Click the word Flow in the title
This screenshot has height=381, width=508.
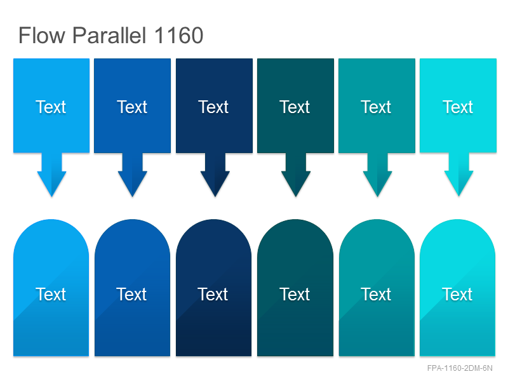(42, 36)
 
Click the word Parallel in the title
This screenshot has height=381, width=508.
(109, 36)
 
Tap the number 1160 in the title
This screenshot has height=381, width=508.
(178, 36)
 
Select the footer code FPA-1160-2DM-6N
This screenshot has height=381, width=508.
(460, 368)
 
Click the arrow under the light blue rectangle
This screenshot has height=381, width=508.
(51, 174)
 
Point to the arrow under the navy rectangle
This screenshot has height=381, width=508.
(215, 174)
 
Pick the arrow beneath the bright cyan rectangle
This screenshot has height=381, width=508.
(458, 174)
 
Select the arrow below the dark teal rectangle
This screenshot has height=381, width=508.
(296, 174)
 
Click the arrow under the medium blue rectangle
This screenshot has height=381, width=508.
(132, 174)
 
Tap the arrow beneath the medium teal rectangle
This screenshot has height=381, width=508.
(377, 174)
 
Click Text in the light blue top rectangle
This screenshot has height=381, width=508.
(51, 107)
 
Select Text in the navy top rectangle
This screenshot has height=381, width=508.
(213, 107)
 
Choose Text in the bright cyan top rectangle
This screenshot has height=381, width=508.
(458, 107)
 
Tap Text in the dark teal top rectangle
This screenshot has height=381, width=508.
(295, 107)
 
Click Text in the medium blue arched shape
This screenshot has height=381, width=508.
(131, 294)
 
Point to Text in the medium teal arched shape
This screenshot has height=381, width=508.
(376, 294)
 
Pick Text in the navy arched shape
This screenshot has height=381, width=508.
(213, 294)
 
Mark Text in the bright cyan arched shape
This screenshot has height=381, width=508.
(457, 294)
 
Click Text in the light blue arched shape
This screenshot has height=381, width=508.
(51, 294)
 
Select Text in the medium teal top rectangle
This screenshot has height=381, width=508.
(376, 107)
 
